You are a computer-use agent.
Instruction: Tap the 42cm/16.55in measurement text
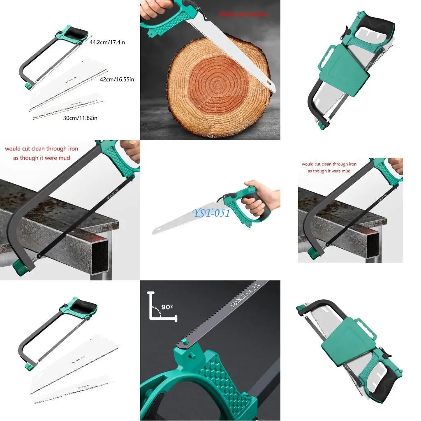click(116, 79)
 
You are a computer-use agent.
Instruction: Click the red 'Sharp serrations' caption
click(243, 14)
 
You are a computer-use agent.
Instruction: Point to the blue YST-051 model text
click(211, 213)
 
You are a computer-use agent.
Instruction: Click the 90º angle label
click(167, 307)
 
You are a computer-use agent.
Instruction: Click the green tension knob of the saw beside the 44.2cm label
click(28, 86)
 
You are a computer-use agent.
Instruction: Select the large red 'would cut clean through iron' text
click(42, 149)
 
